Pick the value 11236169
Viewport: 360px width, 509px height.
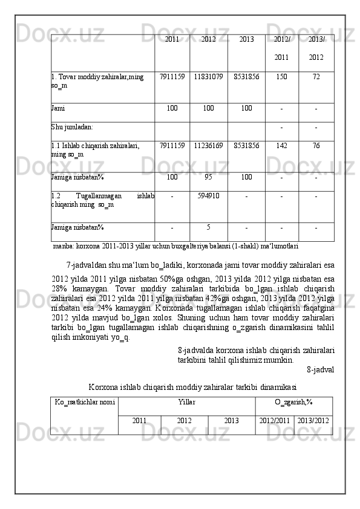pos(208,146)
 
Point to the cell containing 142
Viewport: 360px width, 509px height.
pos(281,146)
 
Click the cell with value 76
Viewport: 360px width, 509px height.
pos(316,146)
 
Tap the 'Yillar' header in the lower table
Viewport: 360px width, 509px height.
pos(187,401)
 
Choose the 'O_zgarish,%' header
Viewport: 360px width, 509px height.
pos(293,401)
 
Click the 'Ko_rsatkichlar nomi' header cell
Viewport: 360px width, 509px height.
pos(85,401)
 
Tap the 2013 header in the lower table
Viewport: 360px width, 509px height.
pos(231,420)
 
